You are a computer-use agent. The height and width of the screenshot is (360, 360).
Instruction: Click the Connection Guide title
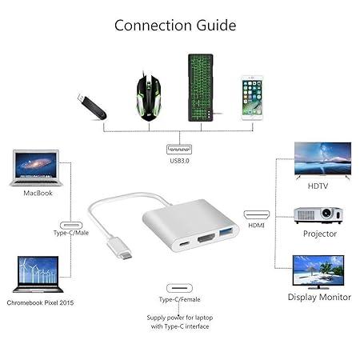click(x=175, y=25)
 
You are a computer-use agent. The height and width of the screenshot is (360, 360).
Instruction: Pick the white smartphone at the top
click(x=253, y=98)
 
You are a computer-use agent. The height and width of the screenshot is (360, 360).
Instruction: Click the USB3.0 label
click(x=179, y=162)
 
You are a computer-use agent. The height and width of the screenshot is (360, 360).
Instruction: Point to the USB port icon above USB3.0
click(x=179, y=149)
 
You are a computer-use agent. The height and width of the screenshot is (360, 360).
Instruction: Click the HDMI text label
click(x=256, y=226)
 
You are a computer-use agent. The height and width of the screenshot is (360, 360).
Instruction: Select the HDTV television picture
click(x=322, y=161)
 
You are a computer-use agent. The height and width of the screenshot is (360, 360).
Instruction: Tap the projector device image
click(x=319, y=215)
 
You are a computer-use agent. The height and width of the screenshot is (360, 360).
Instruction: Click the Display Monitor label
click(x=319, y=297)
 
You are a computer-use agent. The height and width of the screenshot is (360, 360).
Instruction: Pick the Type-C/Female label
click(x=179, y=300)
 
